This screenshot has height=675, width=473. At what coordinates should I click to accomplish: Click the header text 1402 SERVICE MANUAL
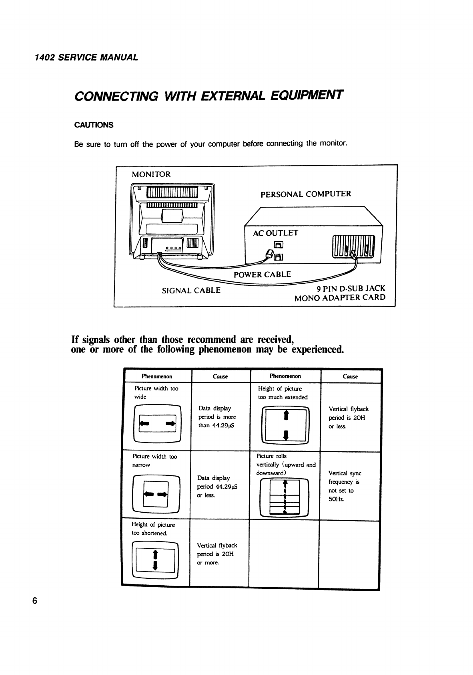pos(86,57)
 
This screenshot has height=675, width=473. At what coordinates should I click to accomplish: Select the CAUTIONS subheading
pos(94,125)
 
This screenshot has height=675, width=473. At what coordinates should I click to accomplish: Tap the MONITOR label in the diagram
pos(151,174)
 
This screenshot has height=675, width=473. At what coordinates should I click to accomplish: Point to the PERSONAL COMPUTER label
pos(306,194)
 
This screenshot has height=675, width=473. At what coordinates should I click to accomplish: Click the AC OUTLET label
pos(275,233)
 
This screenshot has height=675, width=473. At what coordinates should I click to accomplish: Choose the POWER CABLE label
pos(262,275)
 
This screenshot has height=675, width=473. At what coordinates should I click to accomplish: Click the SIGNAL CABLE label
pos(191,290)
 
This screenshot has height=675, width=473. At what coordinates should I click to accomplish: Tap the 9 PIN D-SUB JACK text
pos(351,288)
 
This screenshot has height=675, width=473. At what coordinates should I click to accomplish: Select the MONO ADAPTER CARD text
pos(340,298)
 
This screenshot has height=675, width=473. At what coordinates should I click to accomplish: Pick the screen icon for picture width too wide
pos(157,423)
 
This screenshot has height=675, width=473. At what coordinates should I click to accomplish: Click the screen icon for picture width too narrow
pos(156,494)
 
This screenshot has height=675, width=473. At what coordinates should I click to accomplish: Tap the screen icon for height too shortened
pos(155,560)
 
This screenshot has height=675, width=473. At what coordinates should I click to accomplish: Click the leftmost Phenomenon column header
pos(157,377)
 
